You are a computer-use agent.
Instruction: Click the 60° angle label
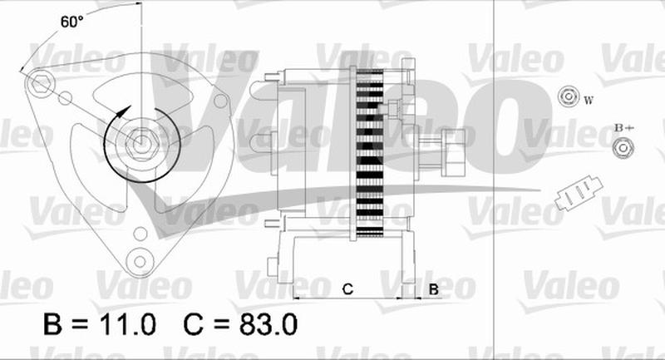(71, 22)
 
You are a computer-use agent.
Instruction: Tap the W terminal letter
(589, 101)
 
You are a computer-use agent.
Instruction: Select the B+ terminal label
(624, 127)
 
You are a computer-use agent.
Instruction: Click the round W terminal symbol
(569, 96)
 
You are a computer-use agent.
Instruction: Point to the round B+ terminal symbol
(623, 148)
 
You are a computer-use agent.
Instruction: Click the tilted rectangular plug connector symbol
(579, 194)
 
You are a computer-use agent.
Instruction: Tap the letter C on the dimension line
(347, 289)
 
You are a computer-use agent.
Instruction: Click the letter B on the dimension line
(433, 289)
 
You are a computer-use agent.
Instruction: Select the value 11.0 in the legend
(127, 324)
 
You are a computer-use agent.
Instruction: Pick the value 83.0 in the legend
(268, 324)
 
